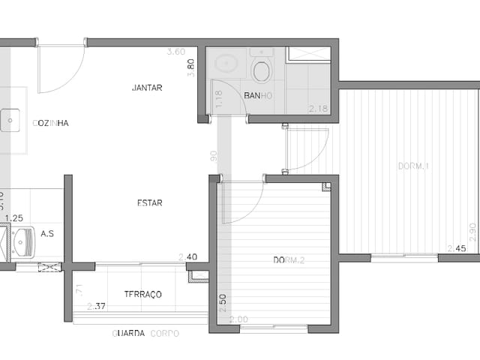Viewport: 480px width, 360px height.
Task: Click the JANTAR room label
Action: pyautogui.click(x=147, y=88)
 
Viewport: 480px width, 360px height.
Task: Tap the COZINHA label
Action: pyautogui.click(x=51, y=123)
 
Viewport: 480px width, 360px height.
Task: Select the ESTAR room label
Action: pyautogui.click(x=150, y=202)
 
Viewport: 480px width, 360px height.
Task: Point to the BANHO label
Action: pyautogui.click(x=258, y=96)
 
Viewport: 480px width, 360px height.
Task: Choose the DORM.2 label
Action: pyautogui.click(x=288, y=260)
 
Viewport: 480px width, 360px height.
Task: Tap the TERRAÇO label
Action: pyautogui.click(x=142, y=294)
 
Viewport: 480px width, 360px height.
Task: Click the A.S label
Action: pyautogui.click(x=47, y=234)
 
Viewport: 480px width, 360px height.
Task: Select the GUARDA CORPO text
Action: pyautogui.click(x=145, y=333)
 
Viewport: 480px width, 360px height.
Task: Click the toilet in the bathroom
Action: pyautogui.click(x=262, y=70)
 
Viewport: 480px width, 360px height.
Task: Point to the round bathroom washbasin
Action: pyautogui.click(x=226, y=64)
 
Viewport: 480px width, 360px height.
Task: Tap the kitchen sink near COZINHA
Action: pyautogui.click(x=10, y=118)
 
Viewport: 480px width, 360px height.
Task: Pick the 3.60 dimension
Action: pyautogui.click(x=175, y=52)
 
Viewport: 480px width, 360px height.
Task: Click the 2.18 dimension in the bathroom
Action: pyautogui.click(x=318, y=109)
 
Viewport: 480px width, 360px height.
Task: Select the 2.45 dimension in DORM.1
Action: pyautogui.click(x=457, y=248)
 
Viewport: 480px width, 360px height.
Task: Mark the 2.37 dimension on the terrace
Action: pyautogui.click(x=96, y=306)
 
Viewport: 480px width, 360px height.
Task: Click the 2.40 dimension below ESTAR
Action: pyautogui.click(x=187, y=256)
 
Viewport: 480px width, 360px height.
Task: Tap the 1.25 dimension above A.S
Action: pyautogui.click(x=13, y=218)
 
